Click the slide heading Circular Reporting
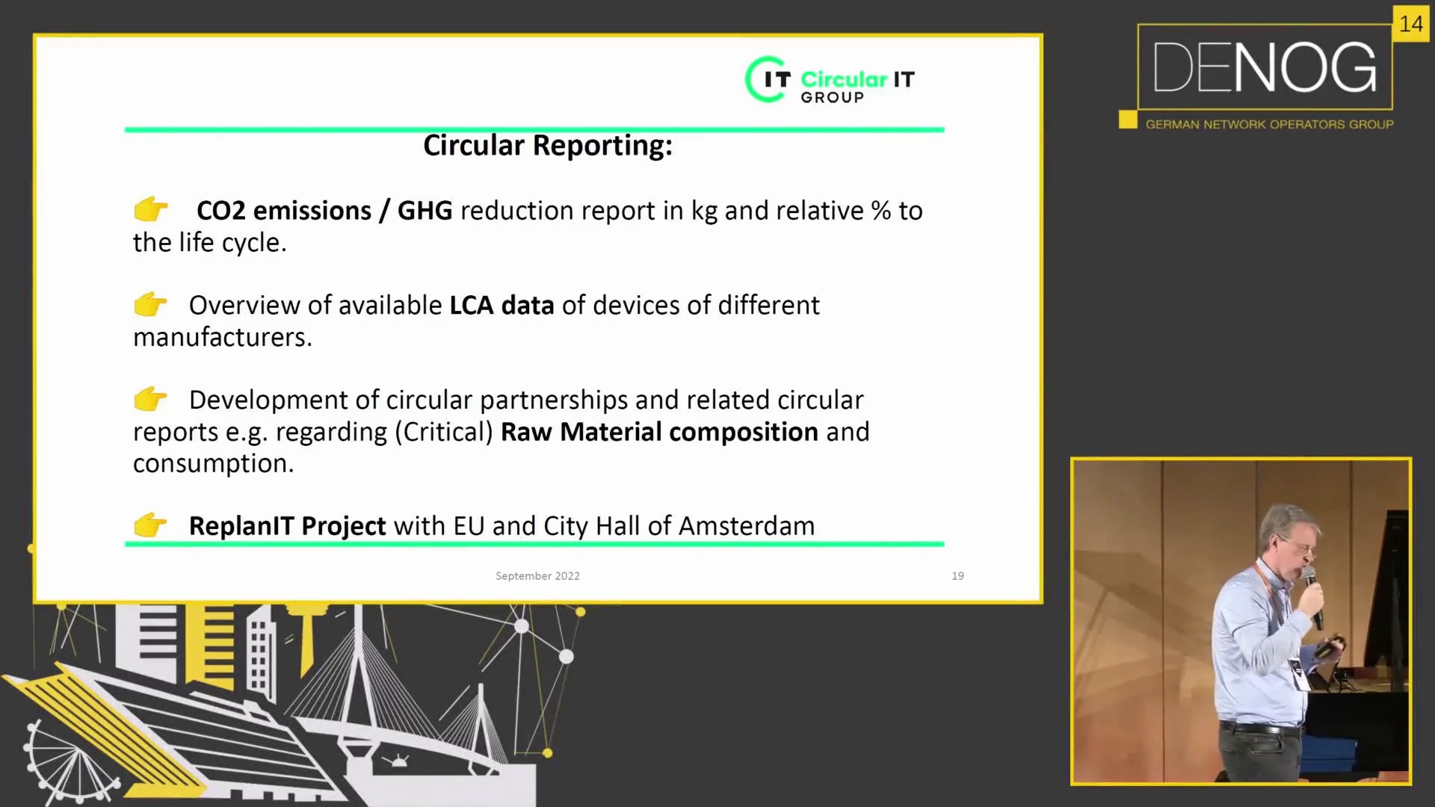548,146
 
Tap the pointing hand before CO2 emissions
150,210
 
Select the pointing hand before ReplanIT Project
150,525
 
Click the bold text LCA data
502,305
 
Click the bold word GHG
425,211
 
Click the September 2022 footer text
537,576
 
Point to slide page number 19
957,576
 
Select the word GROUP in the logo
832,98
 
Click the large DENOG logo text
1265,67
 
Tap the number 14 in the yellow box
1411,25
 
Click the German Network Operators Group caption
1269,125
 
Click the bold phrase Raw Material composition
659,432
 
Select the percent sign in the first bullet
880,211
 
